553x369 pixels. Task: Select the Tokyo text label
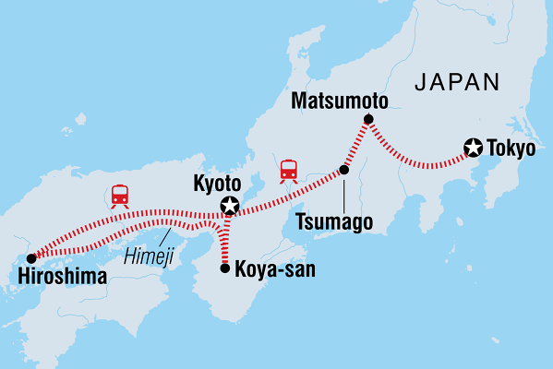coord(514,148)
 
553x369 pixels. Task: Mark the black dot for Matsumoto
coord(367,119)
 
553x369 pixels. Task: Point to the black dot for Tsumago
coord(343,170)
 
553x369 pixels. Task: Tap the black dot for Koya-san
coord(225,268)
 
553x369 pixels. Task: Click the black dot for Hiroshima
coord(31,257)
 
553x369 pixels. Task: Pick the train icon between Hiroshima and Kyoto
coord(119,195)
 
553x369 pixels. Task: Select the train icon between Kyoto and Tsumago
coord(289,170)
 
